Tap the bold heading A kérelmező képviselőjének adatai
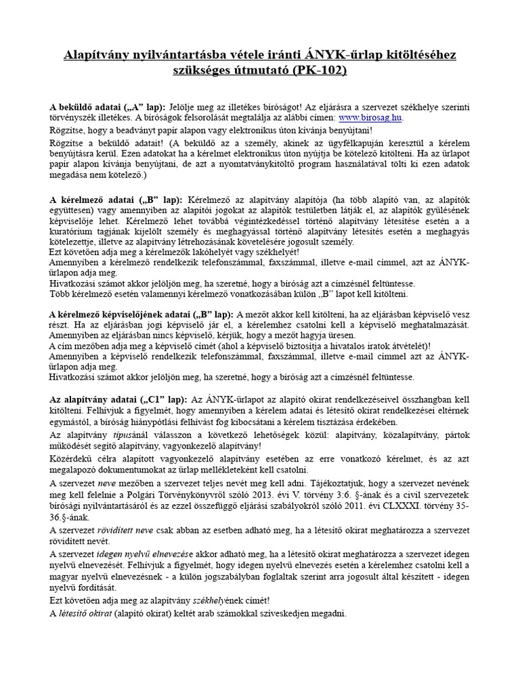(x=118, y=314)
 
